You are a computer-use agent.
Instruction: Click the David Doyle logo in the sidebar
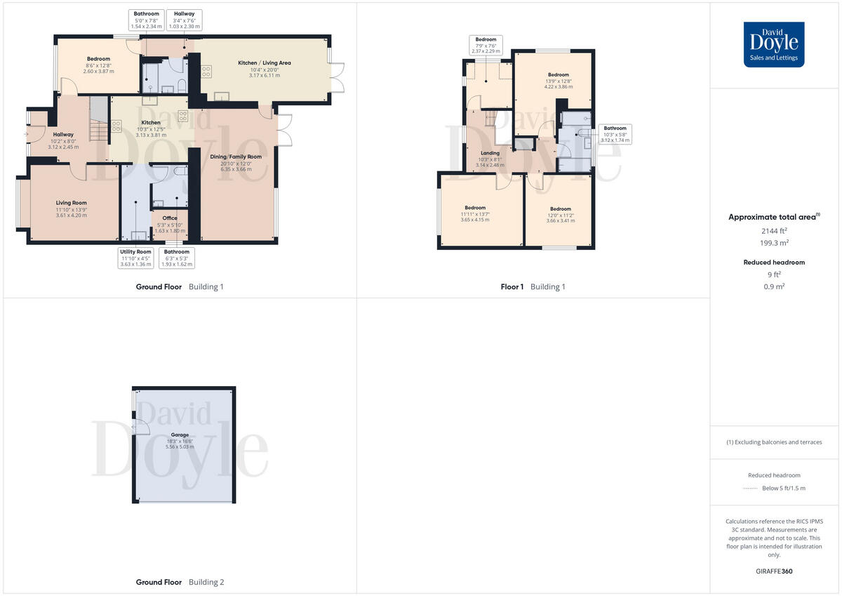[x=774, y=44]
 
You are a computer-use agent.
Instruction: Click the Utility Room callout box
[x=135, y=258]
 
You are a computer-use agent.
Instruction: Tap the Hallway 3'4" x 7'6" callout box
[x=185, y=20]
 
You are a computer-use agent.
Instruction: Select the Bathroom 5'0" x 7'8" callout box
[x=147, y=20]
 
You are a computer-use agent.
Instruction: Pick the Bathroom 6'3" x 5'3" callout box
[x=177, y=258]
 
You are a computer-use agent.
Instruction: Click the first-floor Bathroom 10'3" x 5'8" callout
[x=615, y=134]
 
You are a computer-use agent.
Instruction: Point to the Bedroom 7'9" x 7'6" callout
[x=486, y=45]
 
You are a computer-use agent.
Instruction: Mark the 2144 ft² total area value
[x=774, y=230]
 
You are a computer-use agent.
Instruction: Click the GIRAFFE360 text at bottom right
[x=774, y=571]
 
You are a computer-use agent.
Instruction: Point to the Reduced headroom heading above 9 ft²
[x=774, y=263]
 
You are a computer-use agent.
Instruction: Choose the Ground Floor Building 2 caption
[x=180, y=582]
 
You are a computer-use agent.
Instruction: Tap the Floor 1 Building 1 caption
[x=533, y=286]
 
